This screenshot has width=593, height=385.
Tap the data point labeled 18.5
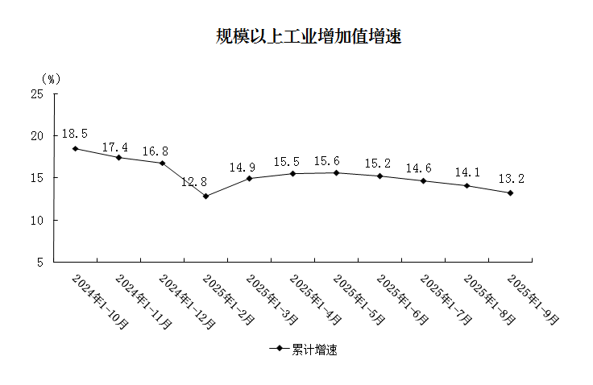75,148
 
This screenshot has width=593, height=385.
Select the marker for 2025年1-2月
205,196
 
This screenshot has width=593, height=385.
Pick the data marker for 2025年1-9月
510,192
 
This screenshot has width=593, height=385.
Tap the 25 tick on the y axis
37,93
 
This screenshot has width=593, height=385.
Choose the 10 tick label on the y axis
37,220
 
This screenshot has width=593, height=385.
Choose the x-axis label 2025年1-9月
533,299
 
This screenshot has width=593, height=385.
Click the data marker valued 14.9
249,178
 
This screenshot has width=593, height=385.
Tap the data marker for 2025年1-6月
379,176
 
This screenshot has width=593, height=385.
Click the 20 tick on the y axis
37,135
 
